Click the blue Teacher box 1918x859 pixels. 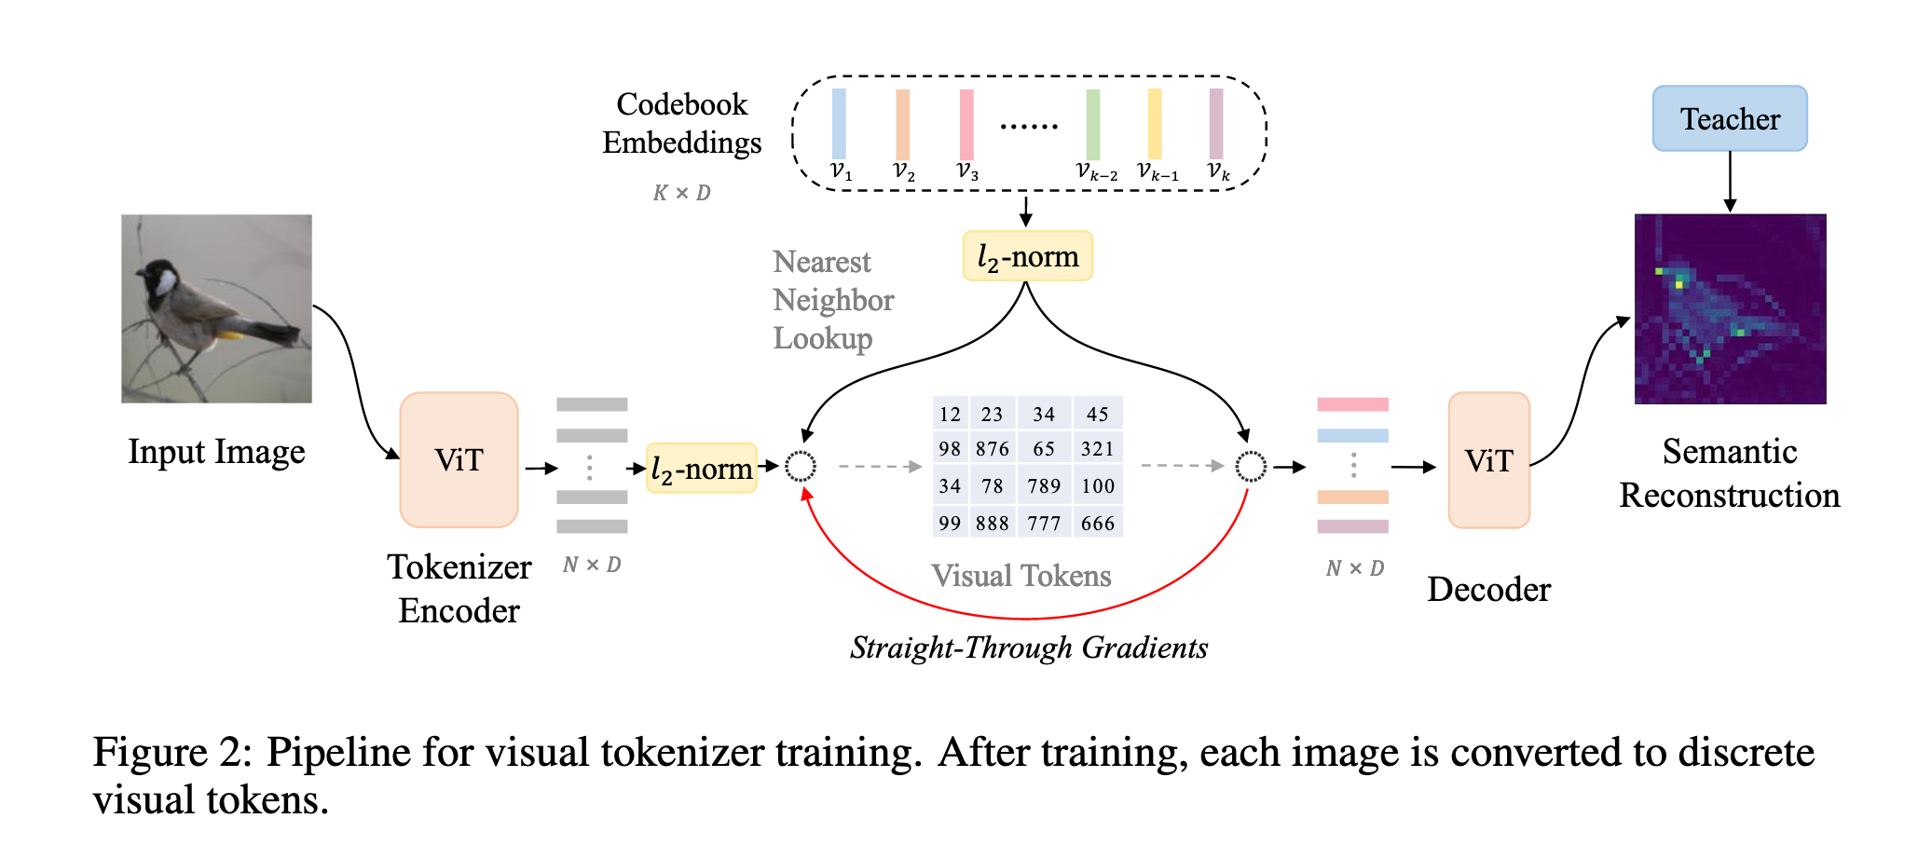[x=1729, y=118]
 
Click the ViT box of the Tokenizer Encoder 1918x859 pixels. [x=459, y=460]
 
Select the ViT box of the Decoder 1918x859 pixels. [x=1488, y=460]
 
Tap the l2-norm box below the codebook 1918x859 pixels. [x=1027, y=256]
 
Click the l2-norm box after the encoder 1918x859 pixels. [x=701, y=468]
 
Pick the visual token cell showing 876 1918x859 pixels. [x=992, y=449]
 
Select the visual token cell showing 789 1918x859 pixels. [x=1044, y=485]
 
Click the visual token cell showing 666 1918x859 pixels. [x=1098, y=523]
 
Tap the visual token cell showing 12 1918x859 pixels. [x=950, y=415]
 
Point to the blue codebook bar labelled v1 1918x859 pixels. [x=839, y=124]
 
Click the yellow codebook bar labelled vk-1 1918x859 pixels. [x=1155, y=124]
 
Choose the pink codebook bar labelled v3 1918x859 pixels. [x=966, y=124]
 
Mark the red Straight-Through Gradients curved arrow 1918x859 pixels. [x=1025, y=618]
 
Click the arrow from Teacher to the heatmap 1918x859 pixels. [x=1730, y=182]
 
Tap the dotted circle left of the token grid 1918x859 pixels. [x=801, y=466]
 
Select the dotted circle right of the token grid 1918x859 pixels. [x=1251, y=466]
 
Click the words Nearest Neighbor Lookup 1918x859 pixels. [x=832, y=300]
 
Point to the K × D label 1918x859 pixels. [x=681, y=193]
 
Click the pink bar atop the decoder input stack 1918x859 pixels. [x=1352, y=404]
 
